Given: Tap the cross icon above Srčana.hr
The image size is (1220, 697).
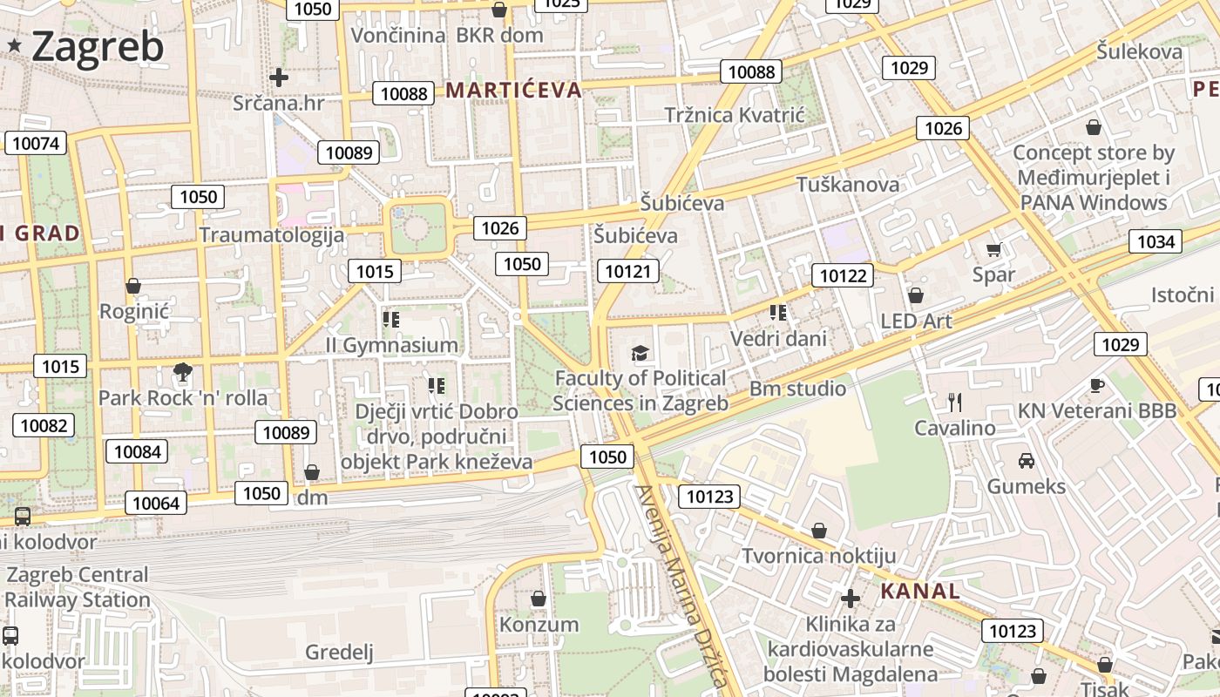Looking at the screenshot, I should coord(279,78).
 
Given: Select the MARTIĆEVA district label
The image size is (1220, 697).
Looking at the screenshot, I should coord(513,90).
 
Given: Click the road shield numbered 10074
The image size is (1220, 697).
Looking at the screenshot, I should coord(36,143).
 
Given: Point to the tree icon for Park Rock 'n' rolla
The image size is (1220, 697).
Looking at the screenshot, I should coord(182,373).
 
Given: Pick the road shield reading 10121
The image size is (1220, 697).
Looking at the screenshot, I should coord(627,271).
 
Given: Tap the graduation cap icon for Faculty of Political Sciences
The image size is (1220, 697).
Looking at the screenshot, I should coord(640,353).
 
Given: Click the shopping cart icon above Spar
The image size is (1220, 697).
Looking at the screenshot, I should coord(993,250).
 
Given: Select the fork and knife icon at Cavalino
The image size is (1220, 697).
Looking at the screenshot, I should coord(955,402).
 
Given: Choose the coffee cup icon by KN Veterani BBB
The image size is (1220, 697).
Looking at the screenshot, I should coord(1097,385).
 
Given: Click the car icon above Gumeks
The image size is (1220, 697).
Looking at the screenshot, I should coord(1027,460).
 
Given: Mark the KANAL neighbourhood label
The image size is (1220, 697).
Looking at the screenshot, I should coord(919,592).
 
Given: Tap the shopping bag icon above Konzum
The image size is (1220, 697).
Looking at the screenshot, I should coord(539,599).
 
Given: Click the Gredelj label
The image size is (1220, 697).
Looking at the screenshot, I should coord(339,652).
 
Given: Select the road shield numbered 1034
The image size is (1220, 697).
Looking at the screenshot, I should coord(1156,241).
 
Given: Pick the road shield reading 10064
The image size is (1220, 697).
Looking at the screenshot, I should coord(157,503).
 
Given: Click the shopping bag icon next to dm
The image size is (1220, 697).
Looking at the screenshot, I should coord(312,472).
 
